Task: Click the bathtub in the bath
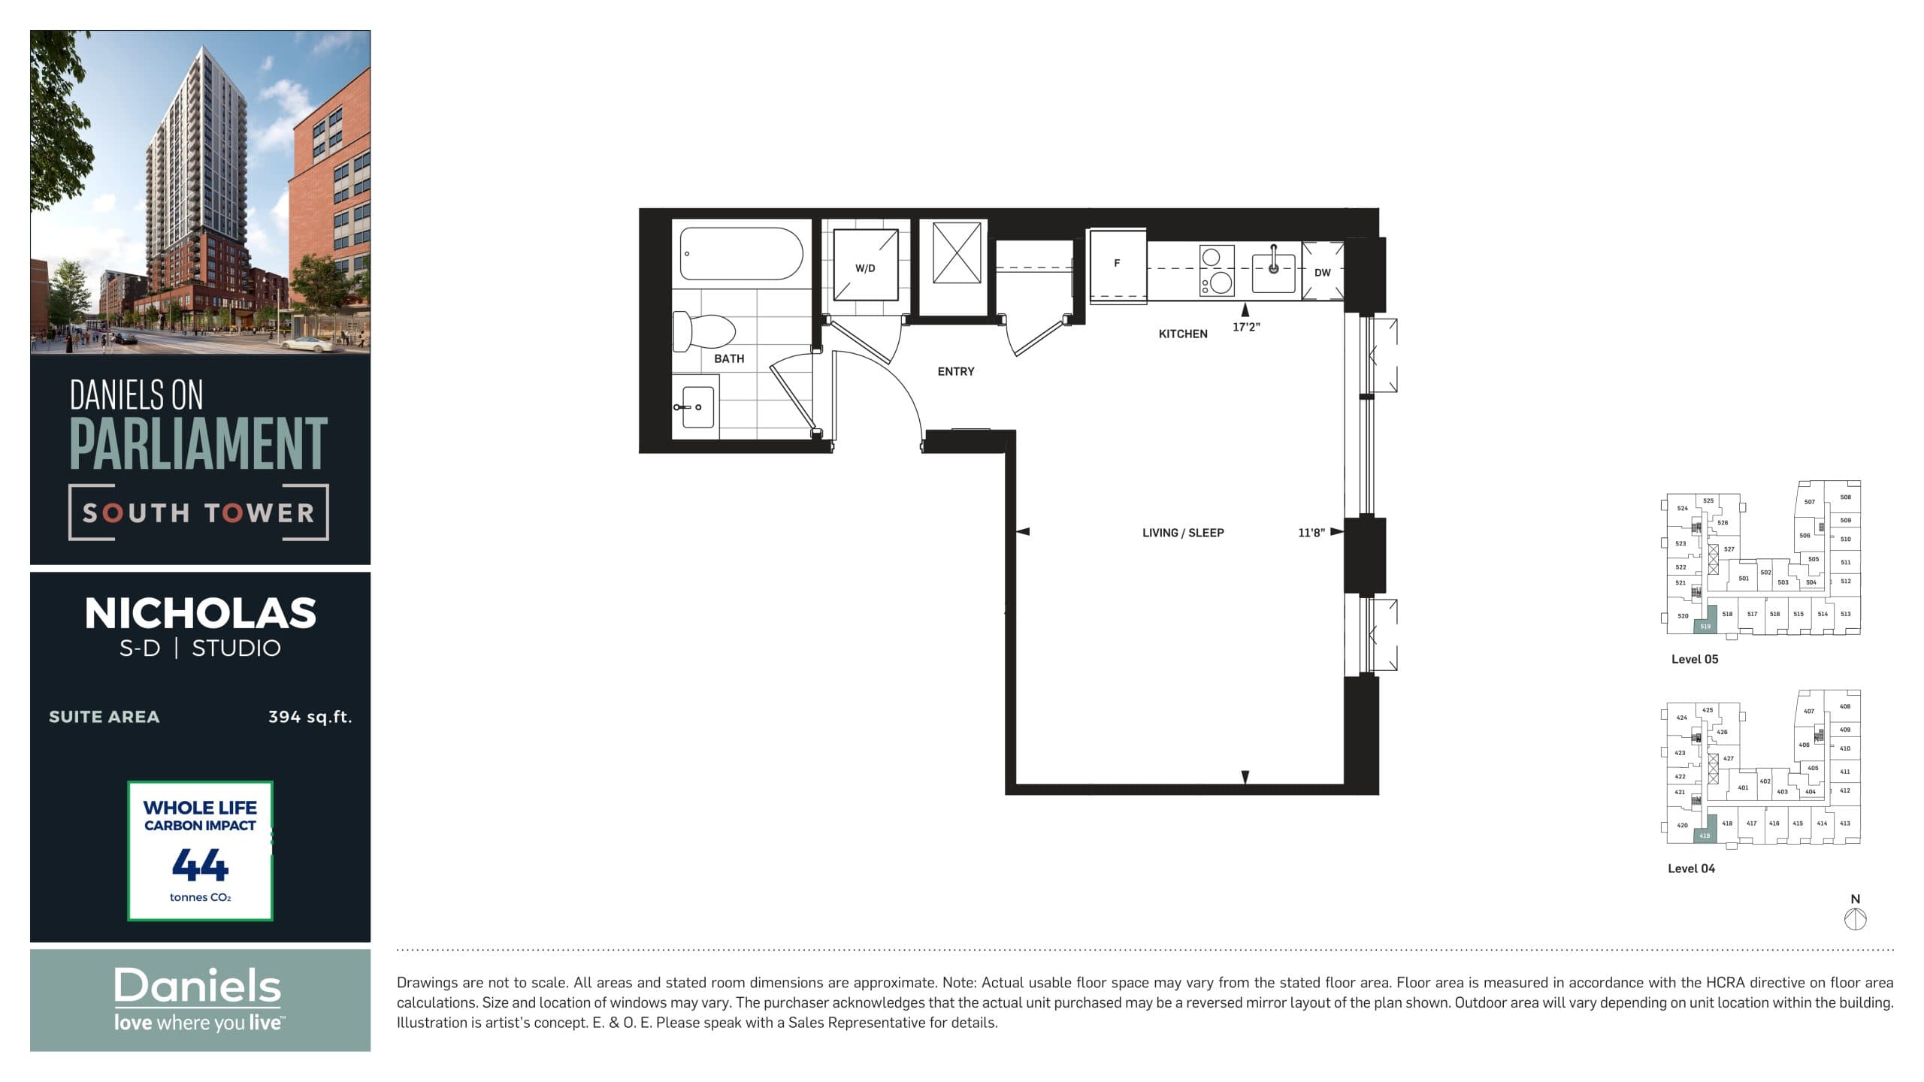(x=741, y=254)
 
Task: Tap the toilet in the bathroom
(x=703, y=331)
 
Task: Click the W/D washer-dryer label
(x=865, y=268)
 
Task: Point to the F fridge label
(x=1117, y=263)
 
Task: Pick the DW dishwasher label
(x=1322, y=273)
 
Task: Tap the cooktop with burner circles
(x=1216, y=271)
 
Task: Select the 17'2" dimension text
(x=1246, y=328)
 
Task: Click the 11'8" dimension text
(x=1311, y=533)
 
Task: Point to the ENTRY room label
(x=955, y=372)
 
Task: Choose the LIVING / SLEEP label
(x=1182, y=533)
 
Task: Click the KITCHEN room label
(x=1182, y=334)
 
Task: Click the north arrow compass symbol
(x=1855, y=919)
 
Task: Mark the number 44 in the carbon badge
(x=200, y=865)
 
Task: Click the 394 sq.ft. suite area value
(x=310, y=717)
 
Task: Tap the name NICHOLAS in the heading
(x=200, y=614)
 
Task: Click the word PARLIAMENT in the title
(x=198, y=444)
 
